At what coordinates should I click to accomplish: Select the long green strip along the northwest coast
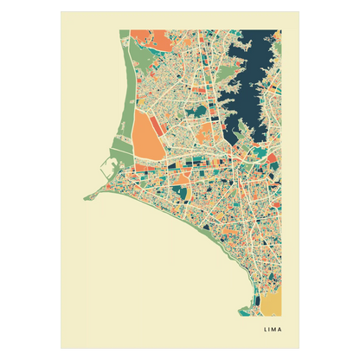pos(129,95)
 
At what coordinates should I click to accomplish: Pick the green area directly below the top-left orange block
pos(144,54)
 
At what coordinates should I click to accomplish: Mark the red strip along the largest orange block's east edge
pos(164,138)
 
